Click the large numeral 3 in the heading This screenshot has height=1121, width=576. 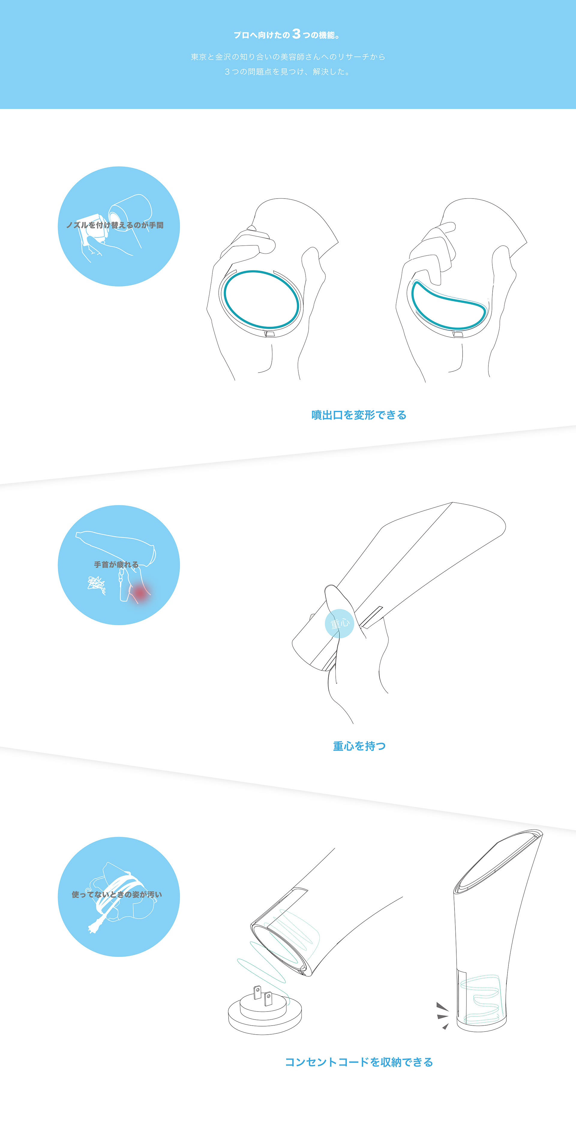click(296, 34)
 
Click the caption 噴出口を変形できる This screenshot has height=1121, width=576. click(358, 415)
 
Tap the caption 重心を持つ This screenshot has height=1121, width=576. click(359, 746)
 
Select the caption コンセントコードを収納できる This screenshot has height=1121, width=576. click(358, 1062)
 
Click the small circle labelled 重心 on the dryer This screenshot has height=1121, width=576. click(339, 623)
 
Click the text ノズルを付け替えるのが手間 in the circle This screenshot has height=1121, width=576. click(115, 225)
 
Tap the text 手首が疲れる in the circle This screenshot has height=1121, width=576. click(116, 565)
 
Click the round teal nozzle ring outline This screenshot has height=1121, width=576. click(225, 300)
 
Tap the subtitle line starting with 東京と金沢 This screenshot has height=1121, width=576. click(288, 57)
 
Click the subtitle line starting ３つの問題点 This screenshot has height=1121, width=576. click(288, 71)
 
